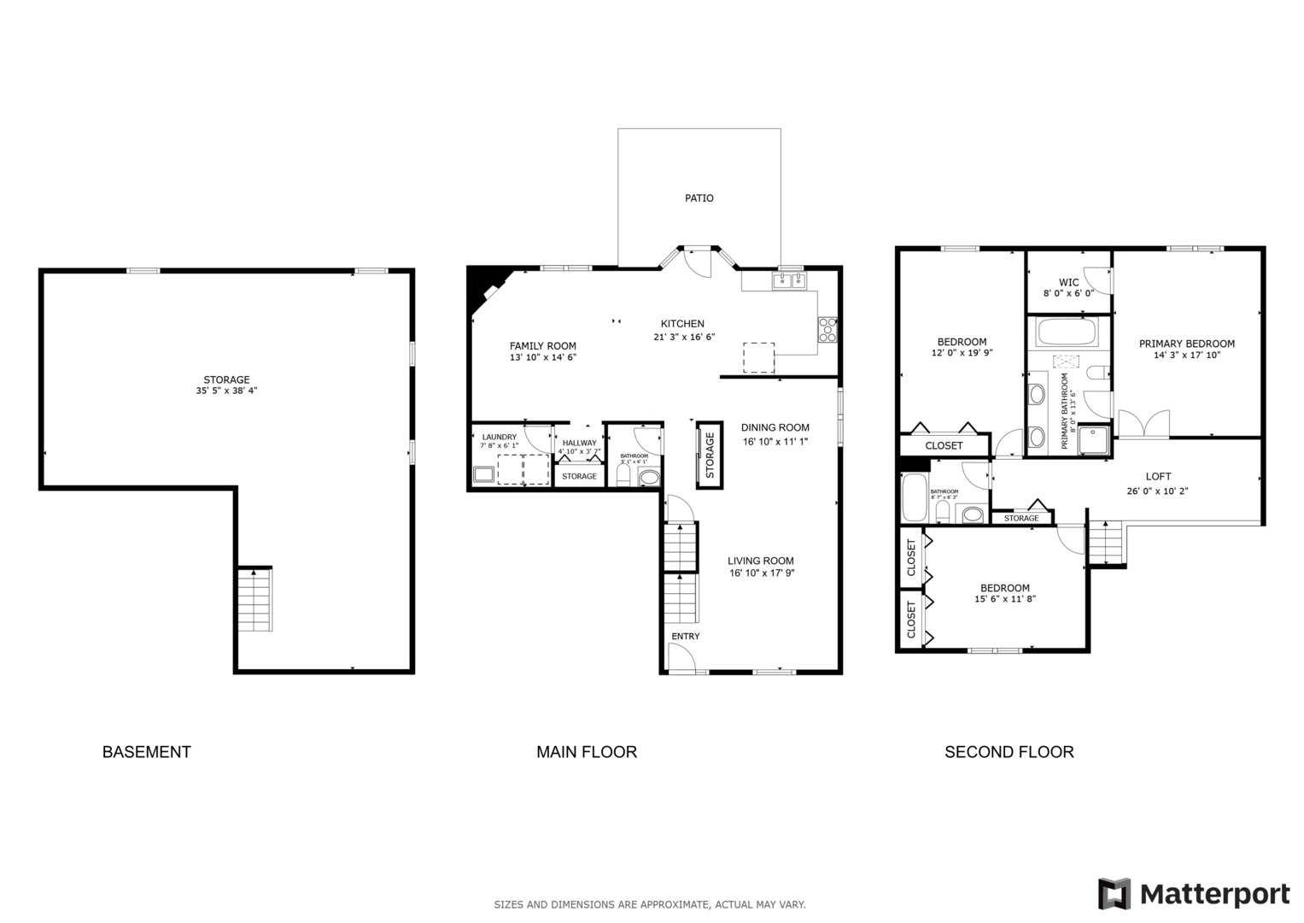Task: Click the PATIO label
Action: point(699,198)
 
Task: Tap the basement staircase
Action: point(254,599)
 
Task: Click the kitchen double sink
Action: point(789,280)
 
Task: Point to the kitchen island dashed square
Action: point(758,357)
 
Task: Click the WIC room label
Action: point(1068,283)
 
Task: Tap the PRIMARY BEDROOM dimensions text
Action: point(1186,356)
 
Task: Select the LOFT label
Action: point(1158,477)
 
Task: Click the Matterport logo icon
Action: point(1114,894)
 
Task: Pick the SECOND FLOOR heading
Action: point(1009,752)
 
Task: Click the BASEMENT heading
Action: point(146,752)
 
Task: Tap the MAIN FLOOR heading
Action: point(586,752)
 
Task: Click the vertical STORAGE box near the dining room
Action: point(709,456)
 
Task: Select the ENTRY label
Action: point(685,637)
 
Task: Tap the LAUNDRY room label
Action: point(499,438)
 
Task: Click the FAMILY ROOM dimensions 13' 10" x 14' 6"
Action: point(543,358)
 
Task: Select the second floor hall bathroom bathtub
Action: point(915,497)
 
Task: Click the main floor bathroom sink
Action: point(649,477)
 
